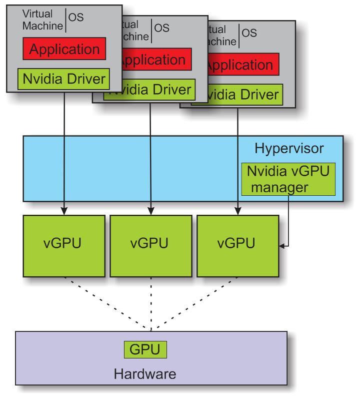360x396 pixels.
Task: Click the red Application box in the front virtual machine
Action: [x=64, y=50]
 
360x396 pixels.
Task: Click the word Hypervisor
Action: [x=289, y=148]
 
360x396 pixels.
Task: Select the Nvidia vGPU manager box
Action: [x=287, y=180]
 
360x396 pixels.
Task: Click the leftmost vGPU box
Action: [x=64, y=245]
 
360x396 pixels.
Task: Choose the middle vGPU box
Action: [x=150, y=245]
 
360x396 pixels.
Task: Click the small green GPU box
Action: [x=145, y=349]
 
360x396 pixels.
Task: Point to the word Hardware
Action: [x=145, y=374]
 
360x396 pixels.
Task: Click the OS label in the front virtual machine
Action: [x=76, y=18]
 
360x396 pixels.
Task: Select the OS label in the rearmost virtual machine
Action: [x=249, y=33]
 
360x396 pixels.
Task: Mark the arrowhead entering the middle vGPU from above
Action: [x=150, y=211]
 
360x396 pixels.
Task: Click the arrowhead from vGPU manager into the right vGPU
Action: [x=283, y=245]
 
